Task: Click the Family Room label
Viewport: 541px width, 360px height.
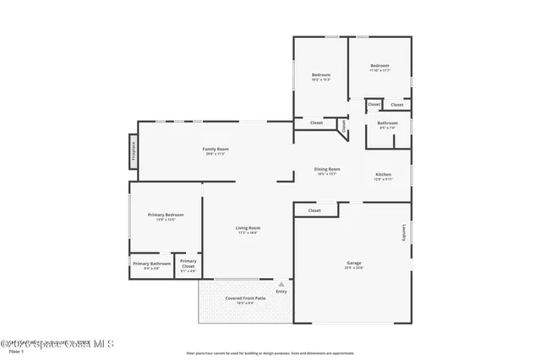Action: coord(216,150)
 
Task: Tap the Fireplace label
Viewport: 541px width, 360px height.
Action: coord(133,151)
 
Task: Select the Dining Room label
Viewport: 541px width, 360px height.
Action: coord(327,169)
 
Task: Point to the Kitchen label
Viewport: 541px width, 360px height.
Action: coord(383,175)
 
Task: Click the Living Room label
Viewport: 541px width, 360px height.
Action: coord(247,228)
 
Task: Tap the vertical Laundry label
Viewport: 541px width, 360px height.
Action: coord(404,232)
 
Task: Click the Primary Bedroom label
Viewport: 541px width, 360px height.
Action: coord(166,215)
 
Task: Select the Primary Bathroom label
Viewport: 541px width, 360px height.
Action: coord(151,264)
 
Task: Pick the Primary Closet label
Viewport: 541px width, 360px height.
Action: coord(189,266)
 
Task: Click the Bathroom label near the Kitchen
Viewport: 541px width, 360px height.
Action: coord(388,126)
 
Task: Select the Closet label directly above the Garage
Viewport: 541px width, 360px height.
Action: coord(314,210)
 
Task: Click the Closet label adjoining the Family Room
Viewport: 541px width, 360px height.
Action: coord(316,123)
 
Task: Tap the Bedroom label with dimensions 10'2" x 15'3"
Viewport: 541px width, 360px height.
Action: coord(320,76)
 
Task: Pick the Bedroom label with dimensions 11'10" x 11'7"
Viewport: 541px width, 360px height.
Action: coord(380,67)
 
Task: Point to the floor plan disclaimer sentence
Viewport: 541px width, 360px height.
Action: coord(270,353)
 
